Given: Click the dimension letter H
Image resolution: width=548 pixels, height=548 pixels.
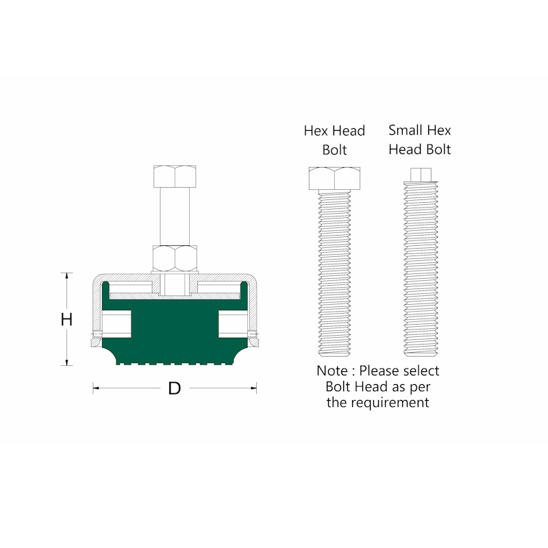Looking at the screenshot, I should (x=66, y=319).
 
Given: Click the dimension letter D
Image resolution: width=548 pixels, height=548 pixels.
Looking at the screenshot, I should (x=175, y=388).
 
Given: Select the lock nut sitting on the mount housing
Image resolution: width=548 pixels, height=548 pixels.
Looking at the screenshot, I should (x=175, y=259).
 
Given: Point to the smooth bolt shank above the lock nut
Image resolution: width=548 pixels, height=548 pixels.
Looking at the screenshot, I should (x=175, y=216).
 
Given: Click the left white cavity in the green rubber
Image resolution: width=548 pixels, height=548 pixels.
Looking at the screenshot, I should (x=116, y=323).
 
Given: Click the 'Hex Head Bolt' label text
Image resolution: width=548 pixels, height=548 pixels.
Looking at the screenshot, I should (x=334, y=140).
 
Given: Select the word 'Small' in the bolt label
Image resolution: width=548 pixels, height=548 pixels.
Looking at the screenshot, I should (x=406, y=130).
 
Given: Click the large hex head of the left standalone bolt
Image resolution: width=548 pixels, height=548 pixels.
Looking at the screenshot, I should (x=334, y=179).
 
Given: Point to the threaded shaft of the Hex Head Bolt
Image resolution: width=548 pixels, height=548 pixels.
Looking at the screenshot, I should (x=334, y=274).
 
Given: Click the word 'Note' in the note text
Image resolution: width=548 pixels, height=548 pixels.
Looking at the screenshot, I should (x=332, y=371).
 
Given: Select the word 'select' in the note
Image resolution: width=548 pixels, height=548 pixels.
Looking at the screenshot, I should (x=419, y=371).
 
